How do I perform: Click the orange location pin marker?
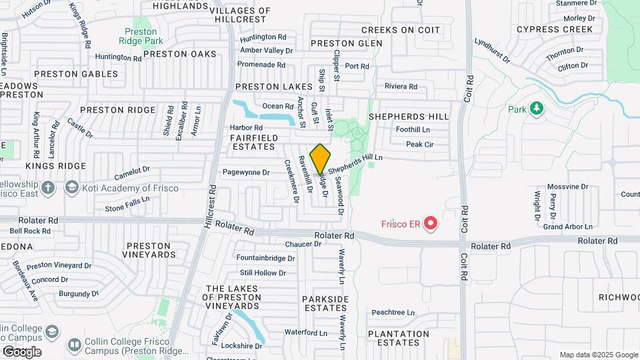point(321,159)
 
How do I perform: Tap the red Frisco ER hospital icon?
point(431,223)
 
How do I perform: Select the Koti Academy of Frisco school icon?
point(71,188)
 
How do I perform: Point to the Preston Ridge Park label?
point(141,36)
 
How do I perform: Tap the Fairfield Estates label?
point(253,141)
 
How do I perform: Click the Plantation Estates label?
point(399,338)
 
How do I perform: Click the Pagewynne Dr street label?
point(246,172)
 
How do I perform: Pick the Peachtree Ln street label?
point(393,312)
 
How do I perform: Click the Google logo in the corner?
point(22,351)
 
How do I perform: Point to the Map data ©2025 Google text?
point(597,355)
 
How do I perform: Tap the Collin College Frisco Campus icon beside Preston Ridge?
point(74,345)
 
